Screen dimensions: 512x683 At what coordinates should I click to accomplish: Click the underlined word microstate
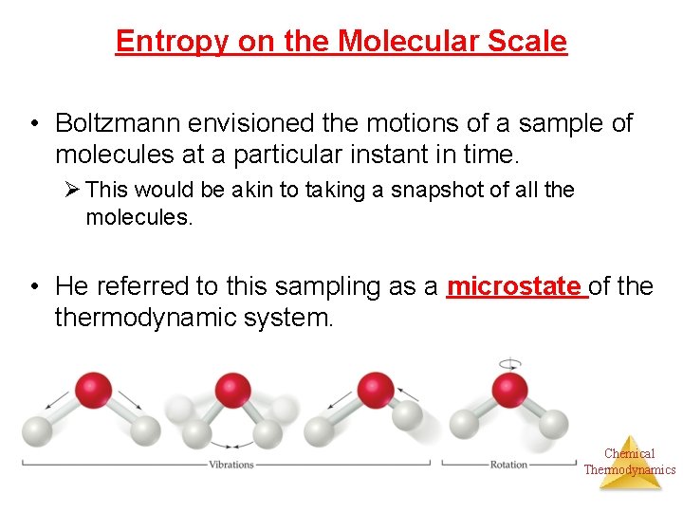coord(513,285)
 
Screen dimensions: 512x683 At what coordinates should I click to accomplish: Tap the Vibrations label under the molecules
coord(231,465)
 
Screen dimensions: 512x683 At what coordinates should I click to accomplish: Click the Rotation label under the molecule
coord(509,465)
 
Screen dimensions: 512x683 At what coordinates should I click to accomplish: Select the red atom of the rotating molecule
coord(510,388)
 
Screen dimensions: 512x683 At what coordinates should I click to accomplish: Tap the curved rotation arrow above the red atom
coord(510,363)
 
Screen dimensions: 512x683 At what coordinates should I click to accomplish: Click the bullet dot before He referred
coord(33,285)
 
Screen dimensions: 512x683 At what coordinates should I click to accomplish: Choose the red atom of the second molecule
coord(231,389)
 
